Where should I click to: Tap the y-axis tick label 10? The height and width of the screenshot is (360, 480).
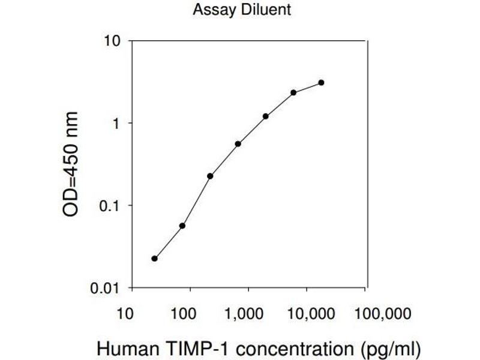tap(113, 41)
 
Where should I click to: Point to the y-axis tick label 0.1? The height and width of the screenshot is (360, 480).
tap(109, 206)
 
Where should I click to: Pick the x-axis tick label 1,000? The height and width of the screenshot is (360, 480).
tap(245, 313)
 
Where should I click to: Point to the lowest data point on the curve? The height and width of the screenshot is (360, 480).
tap(155, 259)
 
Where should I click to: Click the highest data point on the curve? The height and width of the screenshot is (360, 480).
tap(322, 82)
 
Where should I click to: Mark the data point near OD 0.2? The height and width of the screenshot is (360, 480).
tap(210, 176)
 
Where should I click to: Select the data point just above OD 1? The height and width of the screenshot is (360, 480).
tap(266, 116)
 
